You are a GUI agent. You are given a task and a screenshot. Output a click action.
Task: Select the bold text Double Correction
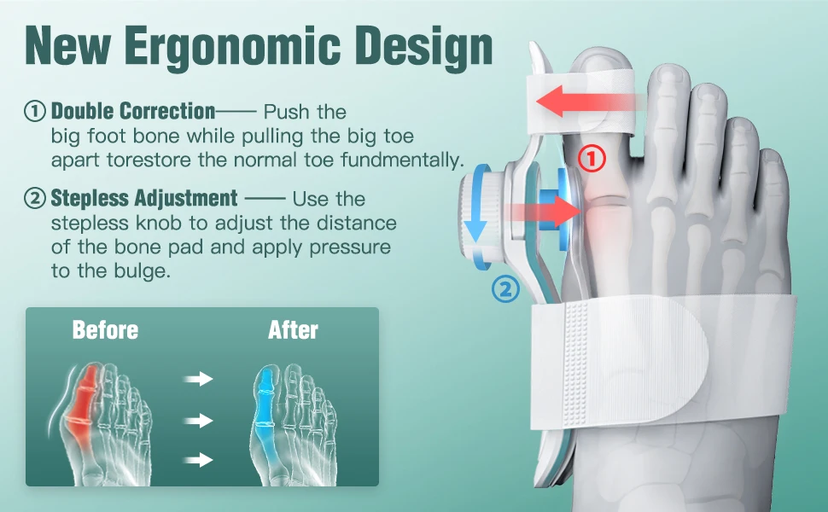click(133, 111)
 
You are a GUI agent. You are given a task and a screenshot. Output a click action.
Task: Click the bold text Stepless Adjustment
click(144, 199)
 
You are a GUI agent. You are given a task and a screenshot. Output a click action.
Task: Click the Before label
click(105, 330)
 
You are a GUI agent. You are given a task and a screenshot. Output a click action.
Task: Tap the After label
click(293, 330)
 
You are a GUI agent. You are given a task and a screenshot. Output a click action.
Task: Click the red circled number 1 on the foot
click(592, 158)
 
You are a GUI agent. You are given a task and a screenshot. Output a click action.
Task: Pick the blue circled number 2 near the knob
click(505, 290)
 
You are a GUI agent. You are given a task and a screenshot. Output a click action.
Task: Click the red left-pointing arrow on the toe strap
click(580, 101)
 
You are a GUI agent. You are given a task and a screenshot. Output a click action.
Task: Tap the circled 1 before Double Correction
click(34, 111)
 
